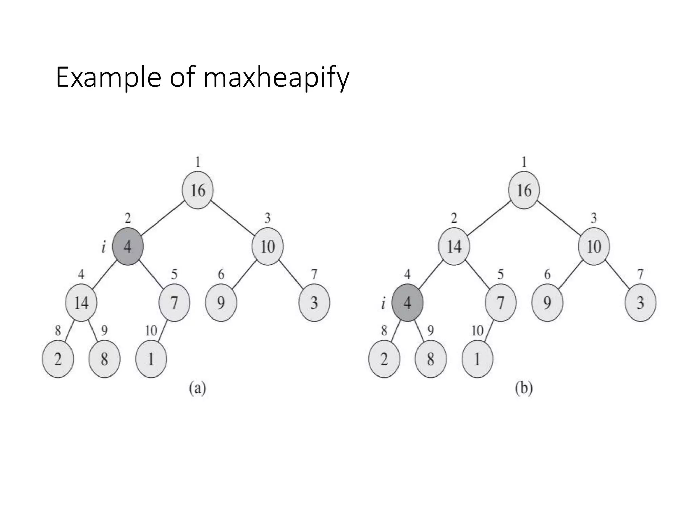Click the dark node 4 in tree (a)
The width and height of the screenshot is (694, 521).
(128, 246)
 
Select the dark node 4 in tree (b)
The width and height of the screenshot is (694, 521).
(407, 303)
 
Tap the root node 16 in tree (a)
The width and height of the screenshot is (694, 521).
(198, 190)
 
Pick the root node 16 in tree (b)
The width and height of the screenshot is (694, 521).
(524, 190)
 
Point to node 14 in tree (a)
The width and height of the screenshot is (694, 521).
(81, 303)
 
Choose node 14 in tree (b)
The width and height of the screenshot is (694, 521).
(454, 246)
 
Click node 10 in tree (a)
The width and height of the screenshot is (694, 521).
(268, 246)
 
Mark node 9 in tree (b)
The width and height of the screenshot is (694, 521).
(547, 303)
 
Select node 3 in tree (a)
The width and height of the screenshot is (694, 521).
(314, 303)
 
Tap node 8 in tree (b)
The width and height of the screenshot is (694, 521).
(431, 359)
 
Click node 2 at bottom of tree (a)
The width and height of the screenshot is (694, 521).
(58, 359)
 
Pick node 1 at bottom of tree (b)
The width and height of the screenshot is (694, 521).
(477, 359)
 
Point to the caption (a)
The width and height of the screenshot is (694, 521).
(198, 388)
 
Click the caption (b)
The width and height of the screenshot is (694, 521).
(524, 388)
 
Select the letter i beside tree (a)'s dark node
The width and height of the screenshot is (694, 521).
(103, 248)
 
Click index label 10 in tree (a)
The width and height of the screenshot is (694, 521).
(151, 330)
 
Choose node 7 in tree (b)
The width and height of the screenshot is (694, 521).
(501, 303)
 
